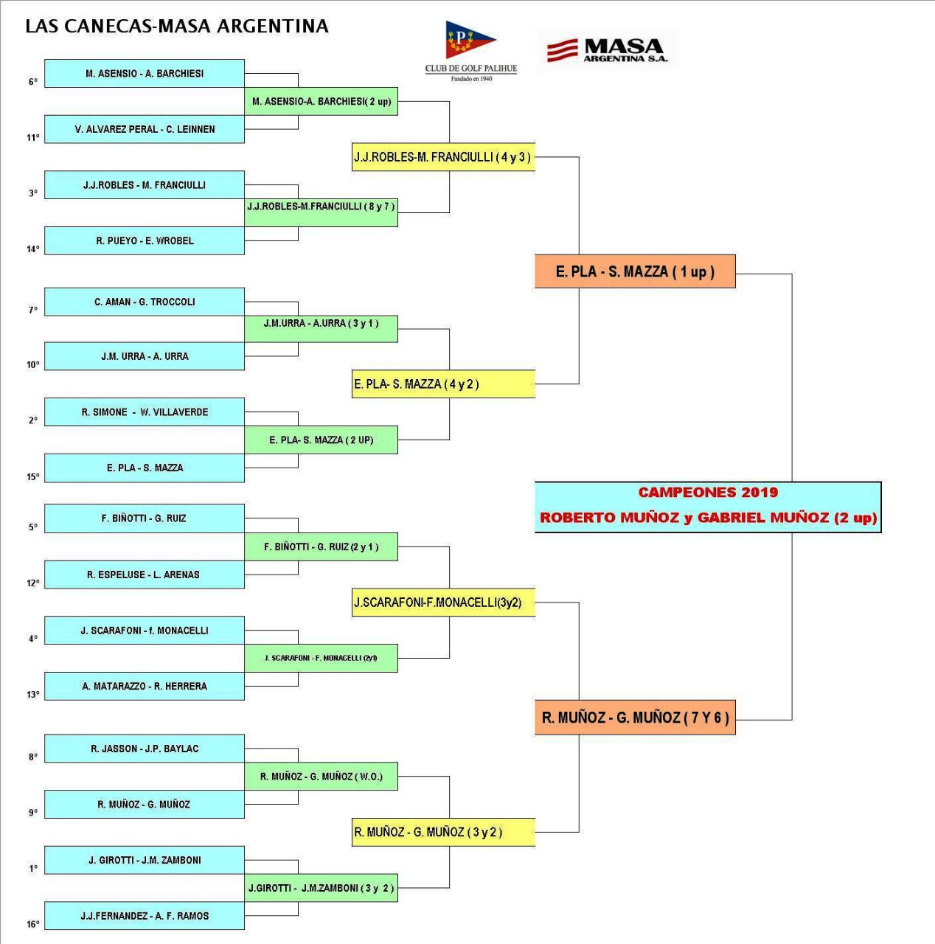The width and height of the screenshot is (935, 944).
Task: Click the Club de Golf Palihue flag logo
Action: [470, 40]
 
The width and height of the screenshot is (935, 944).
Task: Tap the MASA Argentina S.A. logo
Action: [608, 50]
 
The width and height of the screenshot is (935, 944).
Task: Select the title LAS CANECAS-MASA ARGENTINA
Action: [177, 27]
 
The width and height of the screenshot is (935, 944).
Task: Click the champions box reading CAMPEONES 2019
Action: [708, 507]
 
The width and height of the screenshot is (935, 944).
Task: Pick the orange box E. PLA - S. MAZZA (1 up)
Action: [635, 271]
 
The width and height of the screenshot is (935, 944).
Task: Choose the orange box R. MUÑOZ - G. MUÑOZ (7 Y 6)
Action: [635, 718]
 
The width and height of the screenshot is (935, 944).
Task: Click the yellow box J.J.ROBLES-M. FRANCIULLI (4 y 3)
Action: [443, 157]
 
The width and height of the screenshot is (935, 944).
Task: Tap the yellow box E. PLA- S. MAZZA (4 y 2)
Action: [443, 384]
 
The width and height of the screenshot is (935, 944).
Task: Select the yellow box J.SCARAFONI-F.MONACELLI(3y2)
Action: [443, 603]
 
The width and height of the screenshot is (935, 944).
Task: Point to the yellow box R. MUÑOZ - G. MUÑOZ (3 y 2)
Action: [443, 832]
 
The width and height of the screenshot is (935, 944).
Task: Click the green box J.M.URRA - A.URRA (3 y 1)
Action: [321, 324]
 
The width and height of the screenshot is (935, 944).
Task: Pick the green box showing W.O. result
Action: [321, 777]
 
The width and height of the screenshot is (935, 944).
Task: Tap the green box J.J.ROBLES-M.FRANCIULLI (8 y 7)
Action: [321, 207]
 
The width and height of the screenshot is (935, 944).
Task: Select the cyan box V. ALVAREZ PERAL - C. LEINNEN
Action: [145, 129]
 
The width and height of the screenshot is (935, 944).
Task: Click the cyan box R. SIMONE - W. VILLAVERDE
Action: [145, 412]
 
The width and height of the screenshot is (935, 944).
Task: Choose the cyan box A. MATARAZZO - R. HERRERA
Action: [145, 686]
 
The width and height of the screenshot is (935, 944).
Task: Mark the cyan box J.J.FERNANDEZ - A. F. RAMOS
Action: [145, 916]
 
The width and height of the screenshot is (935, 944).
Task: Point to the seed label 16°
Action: [33, 924]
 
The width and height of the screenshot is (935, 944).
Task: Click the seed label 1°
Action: [33, 868]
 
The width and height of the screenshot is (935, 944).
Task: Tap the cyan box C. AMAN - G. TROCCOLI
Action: [145, 302]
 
